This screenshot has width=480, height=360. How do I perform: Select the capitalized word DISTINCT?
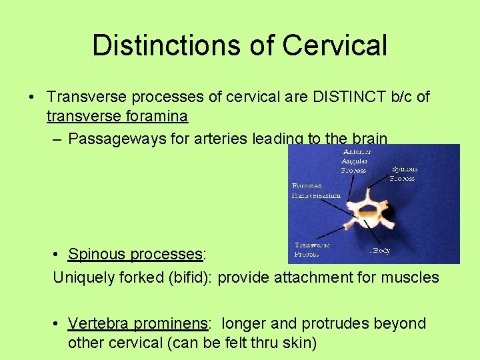[x=349, y=97]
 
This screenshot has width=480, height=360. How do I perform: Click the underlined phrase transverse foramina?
[x=117, y=117]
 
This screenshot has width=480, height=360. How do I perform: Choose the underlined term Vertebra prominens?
[x=139, y=323]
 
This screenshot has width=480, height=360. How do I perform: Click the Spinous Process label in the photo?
[x=403, y=173]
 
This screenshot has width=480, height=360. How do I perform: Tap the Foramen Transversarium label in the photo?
[x=316, y=191]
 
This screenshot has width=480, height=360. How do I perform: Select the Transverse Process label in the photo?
[x=312, y=249]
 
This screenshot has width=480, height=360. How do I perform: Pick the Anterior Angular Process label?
[x=355, y=161]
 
